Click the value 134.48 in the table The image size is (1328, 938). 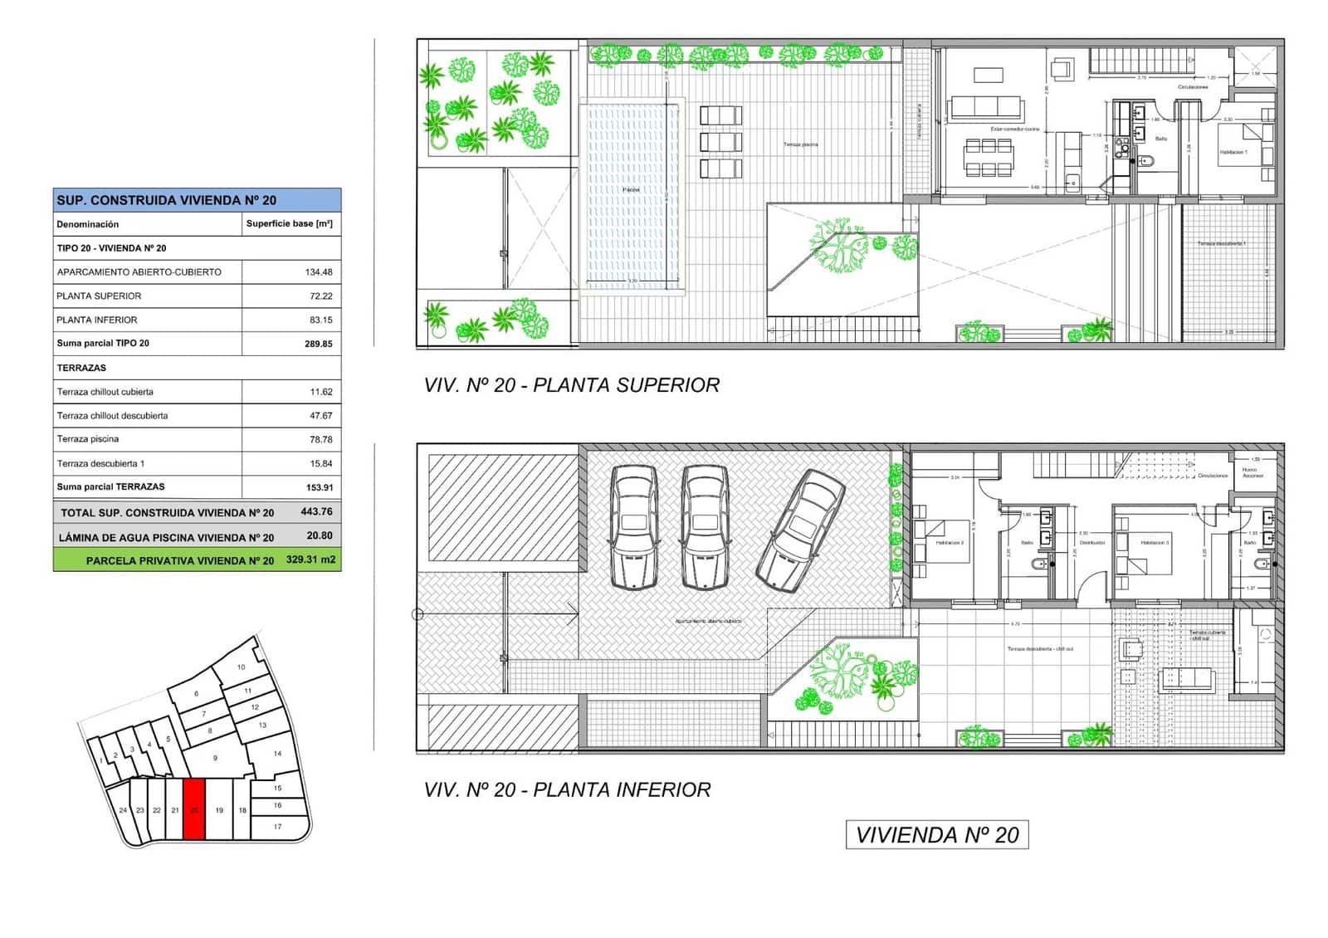tap(319, 272)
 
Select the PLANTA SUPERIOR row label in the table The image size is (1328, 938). tap(99, 296)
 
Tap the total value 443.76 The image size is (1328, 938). tap(316, 512)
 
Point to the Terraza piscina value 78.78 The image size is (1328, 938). tap(320, 440)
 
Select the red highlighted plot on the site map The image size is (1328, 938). tap(193, 809)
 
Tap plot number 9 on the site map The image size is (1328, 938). tap(215, 758)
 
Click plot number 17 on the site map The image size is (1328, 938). tap(277, 827)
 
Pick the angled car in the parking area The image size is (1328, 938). tap(800, 530)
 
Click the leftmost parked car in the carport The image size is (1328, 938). tap(634, 527)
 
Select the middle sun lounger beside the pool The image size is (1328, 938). tap(720, 142)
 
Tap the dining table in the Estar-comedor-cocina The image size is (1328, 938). tap(988, 158)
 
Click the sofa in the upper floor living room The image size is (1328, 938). tap(986, 108)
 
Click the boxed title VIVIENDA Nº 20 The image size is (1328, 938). tap(937, 835)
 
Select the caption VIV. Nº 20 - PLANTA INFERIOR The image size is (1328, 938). tap(567, 790)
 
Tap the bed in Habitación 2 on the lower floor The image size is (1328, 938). tap(942, 541)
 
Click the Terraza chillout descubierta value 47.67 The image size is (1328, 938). tap(320, 416)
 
